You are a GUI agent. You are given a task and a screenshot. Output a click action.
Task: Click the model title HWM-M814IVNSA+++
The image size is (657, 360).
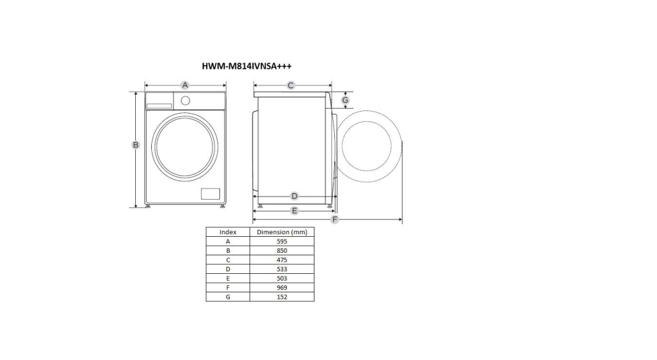tap(246, 66)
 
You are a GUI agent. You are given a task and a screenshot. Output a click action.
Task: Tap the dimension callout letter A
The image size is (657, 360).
tap(185, 86)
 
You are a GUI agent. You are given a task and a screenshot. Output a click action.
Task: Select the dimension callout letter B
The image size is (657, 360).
tap(135, 145)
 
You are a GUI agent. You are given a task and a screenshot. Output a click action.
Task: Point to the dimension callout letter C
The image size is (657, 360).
tap(291, 86)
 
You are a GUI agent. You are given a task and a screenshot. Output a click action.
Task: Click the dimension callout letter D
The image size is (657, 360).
tap(294, 196)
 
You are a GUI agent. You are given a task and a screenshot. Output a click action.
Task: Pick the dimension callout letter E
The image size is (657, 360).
tap(294, 211)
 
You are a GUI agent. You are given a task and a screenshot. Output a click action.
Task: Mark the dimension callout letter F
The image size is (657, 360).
tap(334, 219)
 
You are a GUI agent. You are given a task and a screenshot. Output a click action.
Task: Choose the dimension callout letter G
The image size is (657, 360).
tap(345, 100)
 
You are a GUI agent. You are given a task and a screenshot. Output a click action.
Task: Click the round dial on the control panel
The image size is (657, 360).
tap(185, 101)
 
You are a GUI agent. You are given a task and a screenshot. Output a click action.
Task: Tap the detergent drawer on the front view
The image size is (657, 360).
tap(159, 101)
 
